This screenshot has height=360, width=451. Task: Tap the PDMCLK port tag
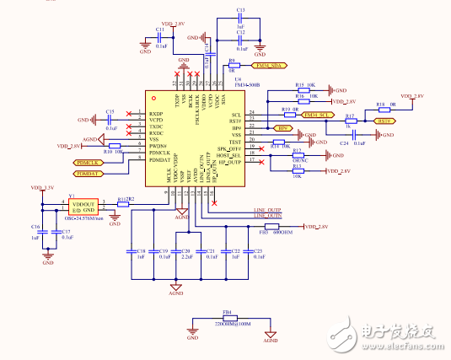88,162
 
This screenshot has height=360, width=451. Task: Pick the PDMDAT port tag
88,173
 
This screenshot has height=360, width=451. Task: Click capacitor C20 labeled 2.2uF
176,251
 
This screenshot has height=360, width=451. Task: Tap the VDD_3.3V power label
42,187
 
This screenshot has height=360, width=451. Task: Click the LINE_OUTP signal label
267,210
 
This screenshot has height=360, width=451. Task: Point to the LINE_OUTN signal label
267,217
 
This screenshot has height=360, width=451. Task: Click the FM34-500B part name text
246,85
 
